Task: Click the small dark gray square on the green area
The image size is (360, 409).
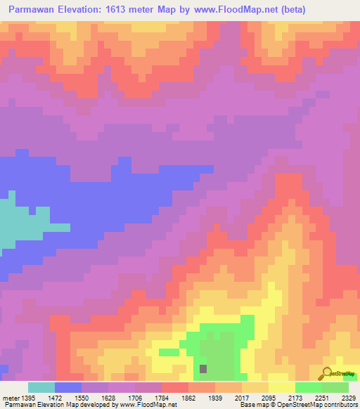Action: pos(204,368)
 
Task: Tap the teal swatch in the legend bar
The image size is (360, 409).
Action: pos(41,387)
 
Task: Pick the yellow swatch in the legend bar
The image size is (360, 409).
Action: pos(281,387)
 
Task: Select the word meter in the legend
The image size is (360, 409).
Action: pos(11,398)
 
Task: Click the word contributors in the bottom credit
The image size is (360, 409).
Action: pos(340,405)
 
